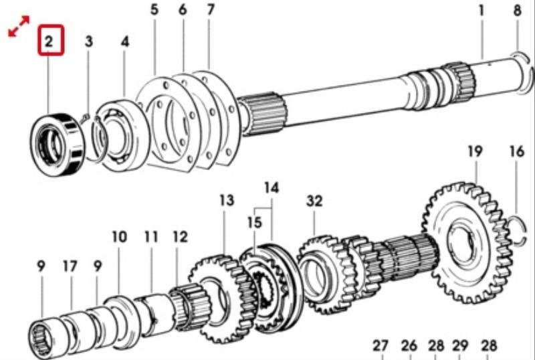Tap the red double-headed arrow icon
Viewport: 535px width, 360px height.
pyautogui.click(x=19, y=27)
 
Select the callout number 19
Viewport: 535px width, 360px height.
pyautogui.click(x=474, y=152)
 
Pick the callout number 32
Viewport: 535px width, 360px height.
pyautogui.click(x=314, y=201)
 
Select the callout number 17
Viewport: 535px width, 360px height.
pyautogui.click(x=70, y=266)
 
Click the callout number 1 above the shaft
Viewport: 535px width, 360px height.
pyautogui.click(x=480, y=11)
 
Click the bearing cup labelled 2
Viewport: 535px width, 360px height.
pyautogui.click(x=58, y=144)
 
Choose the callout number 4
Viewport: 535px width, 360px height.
pyautogui.click(x=124, y=41)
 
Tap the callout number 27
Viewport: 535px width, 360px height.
pyautogui.click(x=381, y=346)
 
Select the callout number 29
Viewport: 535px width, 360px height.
pyautogui.click(x=459, y=346)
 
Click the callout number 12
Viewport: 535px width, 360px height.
pyautogui.click(x=179, y=237)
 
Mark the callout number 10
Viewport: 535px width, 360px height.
pyautogui.click(x=119, y=237)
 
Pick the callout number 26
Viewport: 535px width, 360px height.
pyautogui.click(x=409, y=346)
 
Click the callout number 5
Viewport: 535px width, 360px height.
pyautogui.click(x=154, y=11)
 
